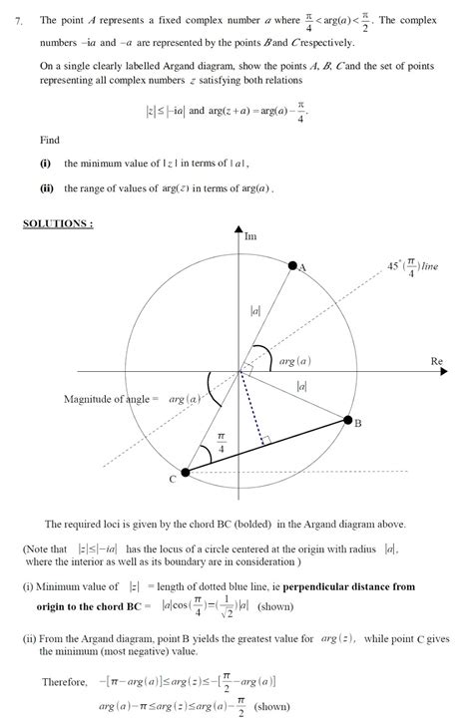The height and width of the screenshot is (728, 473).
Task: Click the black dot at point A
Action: pyautogui.click(x=292, y=266)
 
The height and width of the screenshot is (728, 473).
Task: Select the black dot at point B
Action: pyautogui.click(x=348, y=420)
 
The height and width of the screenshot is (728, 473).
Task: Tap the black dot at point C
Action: pyautogui.click(x=185, y=472)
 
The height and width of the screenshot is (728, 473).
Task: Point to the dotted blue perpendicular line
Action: pyautogui.click(x=250, y=409)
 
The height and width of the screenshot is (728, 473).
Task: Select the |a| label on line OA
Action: pyautogui.click(x=255, y=312)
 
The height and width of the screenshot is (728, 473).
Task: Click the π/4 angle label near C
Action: pyautogui.click(x=221, y=437)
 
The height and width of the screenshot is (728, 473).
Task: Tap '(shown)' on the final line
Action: pyautogui.click(x=271, y=705)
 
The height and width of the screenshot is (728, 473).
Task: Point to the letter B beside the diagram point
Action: pyautogui.click(x=357, y=424)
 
